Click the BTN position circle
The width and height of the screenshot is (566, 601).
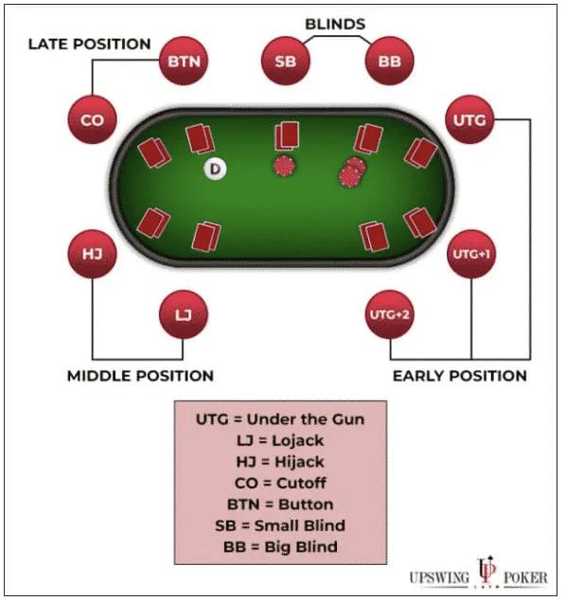pyautogui.click(x=184, y=61)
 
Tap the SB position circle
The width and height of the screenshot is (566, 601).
pyautogui.click(x=286, y=61)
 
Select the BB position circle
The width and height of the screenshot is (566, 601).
pyautogui.click(x=389, y=61)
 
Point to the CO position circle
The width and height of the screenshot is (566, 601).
pyautogui.click(x=92, y=119)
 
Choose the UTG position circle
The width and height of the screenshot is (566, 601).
pyautogui.click(x=469, y=119)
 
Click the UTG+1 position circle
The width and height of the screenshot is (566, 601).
pyautogui.click(x=471, y=254)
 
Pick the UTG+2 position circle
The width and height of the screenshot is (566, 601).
pyautogui.click(x=389, y=314)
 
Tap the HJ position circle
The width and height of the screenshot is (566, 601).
pyautogui.click(x=92, y=254)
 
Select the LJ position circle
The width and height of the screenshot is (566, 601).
pyautogui.click(x=184, y=314)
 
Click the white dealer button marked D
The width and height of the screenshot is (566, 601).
pyautogui.click(x=216, y=168)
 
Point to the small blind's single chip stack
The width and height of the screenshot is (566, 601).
pyautogui.click(x=284, y=166)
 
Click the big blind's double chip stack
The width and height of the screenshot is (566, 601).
pyautogui.click(x=352, y=172)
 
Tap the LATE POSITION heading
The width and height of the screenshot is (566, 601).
pyautogui.click(x=90, y=44)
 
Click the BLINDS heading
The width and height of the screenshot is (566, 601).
pyautogui.click(x=335, y=25)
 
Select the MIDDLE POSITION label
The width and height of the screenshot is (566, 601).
pyautogui.click(x=140, y=376)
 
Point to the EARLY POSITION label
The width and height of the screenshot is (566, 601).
pyautogui.click(x=460, y=376)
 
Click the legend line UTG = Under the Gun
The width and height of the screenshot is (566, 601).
pyautogui.click(x=280, y=419)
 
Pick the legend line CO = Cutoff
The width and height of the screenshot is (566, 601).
pyautogui.click(x=280, y=483)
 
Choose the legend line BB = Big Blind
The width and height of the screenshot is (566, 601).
pyautogui.click(x=280, y=546)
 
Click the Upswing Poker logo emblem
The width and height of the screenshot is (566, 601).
pyautogui.click(x=486, y=572)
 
